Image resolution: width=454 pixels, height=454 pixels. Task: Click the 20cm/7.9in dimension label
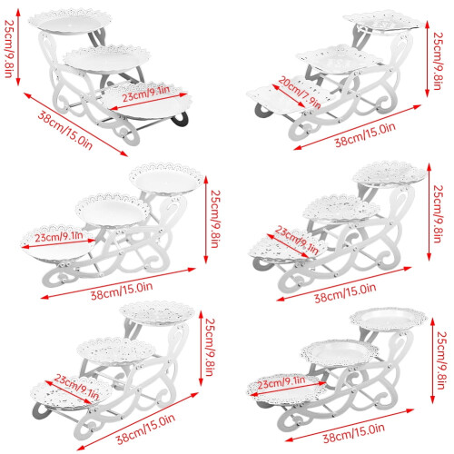(300, 93)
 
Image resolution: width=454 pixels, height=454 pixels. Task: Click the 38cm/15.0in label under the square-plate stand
(365, 134)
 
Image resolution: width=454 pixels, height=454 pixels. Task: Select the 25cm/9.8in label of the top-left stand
(9, 49)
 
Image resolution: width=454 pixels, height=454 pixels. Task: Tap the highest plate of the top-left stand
(70, 22)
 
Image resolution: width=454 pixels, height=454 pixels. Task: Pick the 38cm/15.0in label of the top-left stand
(64, 131)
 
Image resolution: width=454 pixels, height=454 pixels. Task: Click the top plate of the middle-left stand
(166, 179)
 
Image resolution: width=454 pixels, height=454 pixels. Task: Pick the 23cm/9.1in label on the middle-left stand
(59, 237)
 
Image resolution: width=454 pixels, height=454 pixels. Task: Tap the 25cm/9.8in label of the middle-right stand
(437, 213)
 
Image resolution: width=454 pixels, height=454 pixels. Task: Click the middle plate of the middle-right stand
(341, 208)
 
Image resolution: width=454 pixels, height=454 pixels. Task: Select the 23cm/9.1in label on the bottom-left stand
(77, 388)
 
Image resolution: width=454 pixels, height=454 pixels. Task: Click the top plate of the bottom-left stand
(157, 313)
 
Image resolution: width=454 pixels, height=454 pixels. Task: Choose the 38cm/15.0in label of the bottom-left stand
(146, 429)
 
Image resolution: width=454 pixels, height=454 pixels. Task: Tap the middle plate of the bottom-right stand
(340, 351)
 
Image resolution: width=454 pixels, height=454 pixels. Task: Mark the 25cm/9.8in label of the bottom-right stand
(442, 360)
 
